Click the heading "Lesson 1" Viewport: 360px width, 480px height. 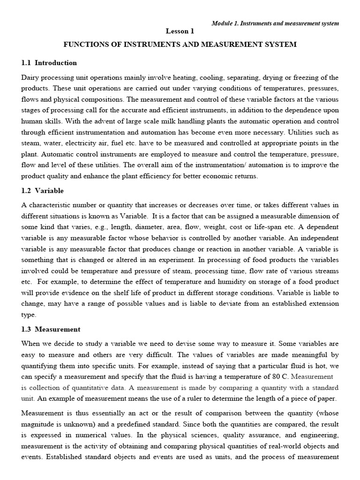[180, 31]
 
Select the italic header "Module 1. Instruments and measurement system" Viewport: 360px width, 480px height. [275, 23]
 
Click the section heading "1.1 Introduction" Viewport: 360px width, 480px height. [49, 63]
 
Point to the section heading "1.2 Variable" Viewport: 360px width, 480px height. [43, 191]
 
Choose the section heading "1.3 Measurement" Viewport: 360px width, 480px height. [51, 330]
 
